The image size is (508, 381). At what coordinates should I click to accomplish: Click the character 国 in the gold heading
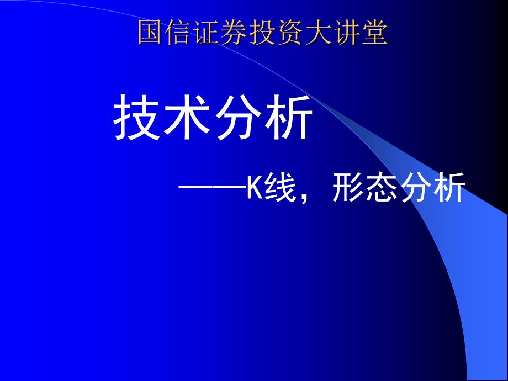tap(151, 33)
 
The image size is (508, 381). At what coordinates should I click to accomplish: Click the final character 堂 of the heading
tap(376, 33)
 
